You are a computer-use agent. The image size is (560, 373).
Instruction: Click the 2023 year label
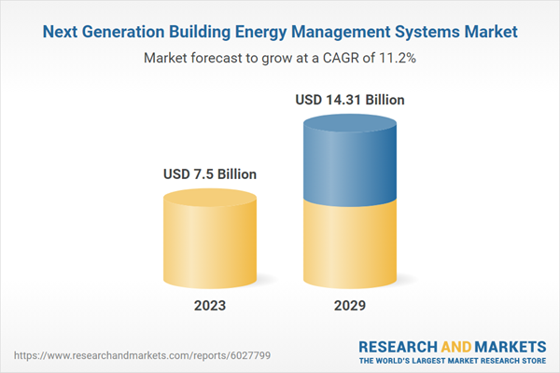point(210,305)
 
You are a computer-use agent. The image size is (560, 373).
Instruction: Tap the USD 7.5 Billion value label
point(210,173)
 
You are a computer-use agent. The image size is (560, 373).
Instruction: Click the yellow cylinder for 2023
point(210,242)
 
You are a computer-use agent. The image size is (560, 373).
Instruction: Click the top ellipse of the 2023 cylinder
point(210,198)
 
